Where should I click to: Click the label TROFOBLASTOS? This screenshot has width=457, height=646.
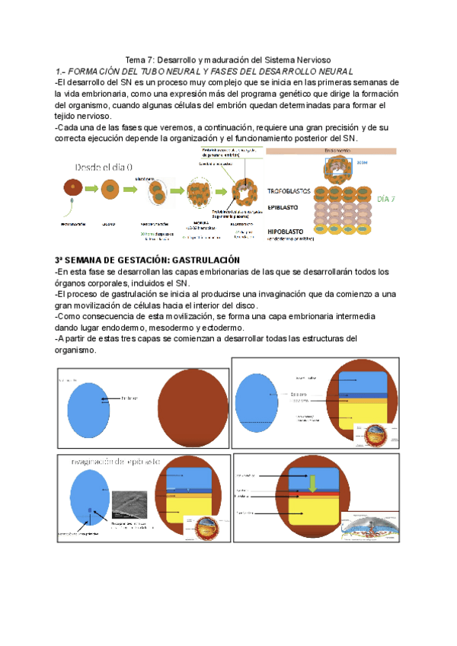coord(288,192)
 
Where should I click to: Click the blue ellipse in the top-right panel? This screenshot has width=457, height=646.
coord(260,407)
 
